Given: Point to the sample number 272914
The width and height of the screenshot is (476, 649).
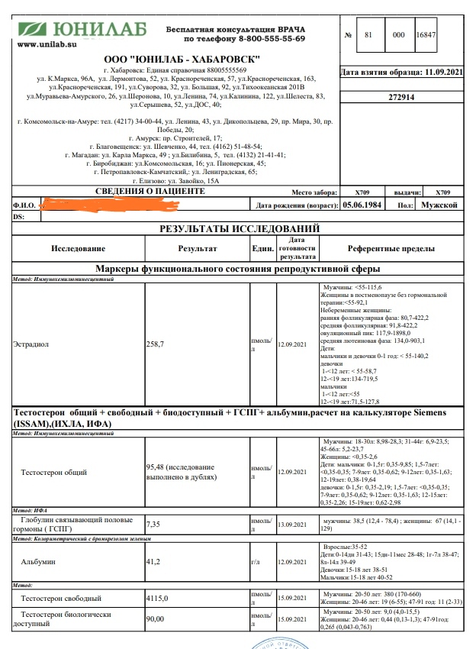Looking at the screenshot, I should tap(401, 98).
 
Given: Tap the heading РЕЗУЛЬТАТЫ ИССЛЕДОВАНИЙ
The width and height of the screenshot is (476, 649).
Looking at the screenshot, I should tap(239, 228).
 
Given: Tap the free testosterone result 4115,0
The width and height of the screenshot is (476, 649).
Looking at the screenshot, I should tap(160, 599).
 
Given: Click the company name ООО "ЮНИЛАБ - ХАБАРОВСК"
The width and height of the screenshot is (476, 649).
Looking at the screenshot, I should tap(182, 60).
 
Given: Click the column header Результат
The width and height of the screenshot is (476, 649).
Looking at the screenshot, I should tap(198, 249).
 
